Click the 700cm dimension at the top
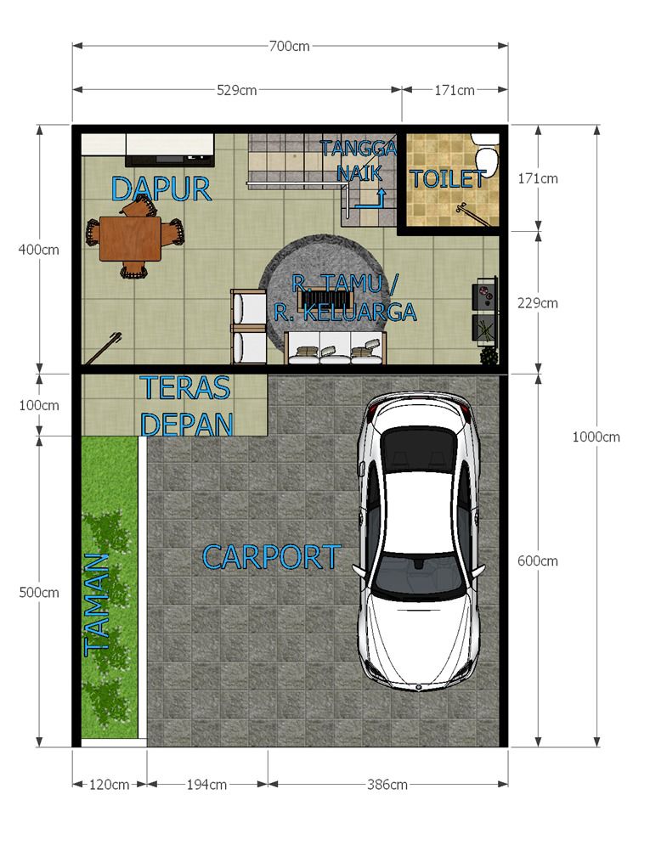click(290, 47)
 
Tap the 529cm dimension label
click(236, 90)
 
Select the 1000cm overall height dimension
click(596, 437)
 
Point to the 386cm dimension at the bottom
click(387, 785)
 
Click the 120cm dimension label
click(109, 785)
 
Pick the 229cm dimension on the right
click(537, 303)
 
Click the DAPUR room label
click(161, 189)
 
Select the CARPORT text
click(272, 557)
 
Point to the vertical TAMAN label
click(97, 605)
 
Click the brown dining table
click(130, 239)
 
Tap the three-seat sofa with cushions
click(335, 348)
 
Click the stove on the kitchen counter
click(170, 159)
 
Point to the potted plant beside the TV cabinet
click(489, 355)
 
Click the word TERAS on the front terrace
click(185, 388)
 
